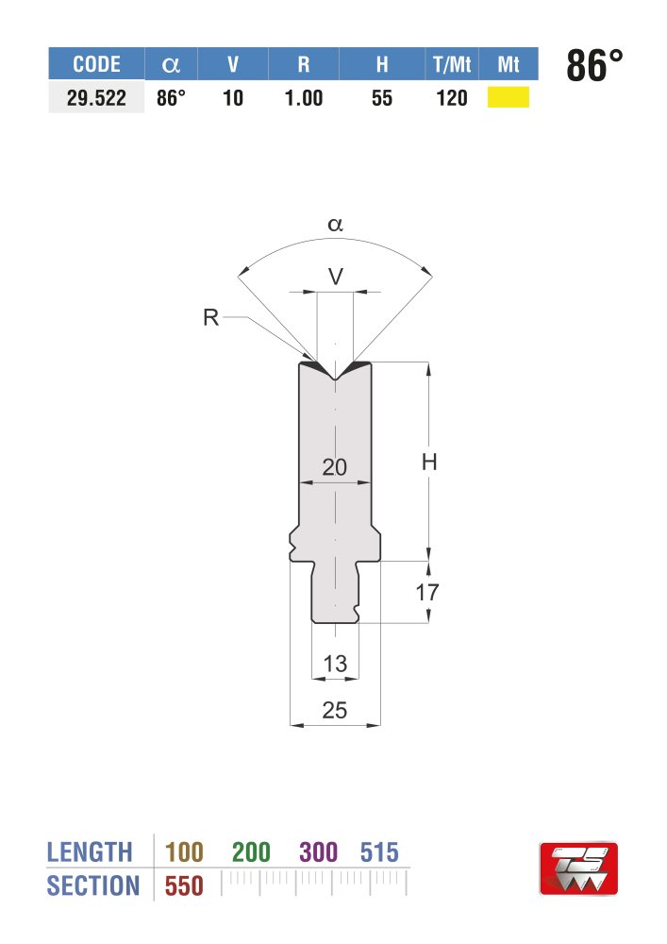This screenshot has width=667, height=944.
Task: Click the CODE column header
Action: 96,64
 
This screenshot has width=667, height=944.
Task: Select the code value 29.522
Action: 96,98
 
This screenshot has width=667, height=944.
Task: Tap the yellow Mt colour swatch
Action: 509,97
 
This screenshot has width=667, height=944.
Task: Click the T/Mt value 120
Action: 452,98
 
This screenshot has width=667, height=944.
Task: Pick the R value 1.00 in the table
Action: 304,98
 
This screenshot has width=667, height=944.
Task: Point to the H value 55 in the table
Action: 382,98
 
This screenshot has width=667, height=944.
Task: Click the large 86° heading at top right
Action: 594,65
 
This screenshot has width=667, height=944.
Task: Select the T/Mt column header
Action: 452,64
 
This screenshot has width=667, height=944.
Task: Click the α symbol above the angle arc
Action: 335,225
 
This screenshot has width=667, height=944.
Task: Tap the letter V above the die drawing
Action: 336,277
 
